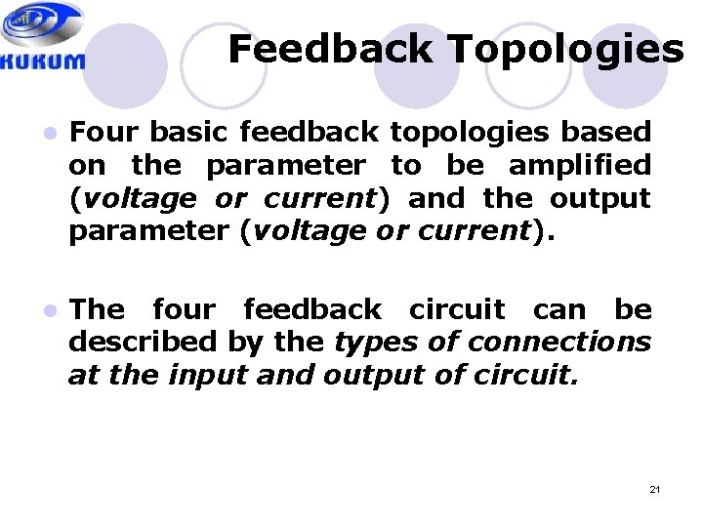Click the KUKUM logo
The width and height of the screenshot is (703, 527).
[x=43, y=38]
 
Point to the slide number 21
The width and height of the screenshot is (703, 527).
[x=654, y=488]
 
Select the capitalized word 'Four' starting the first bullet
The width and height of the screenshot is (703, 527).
[x=103, y=131]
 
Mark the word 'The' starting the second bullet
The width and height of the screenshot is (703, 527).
[x=98, y=309]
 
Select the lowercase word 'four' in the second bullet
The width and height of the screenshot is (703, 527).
[x=185, y=309]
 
